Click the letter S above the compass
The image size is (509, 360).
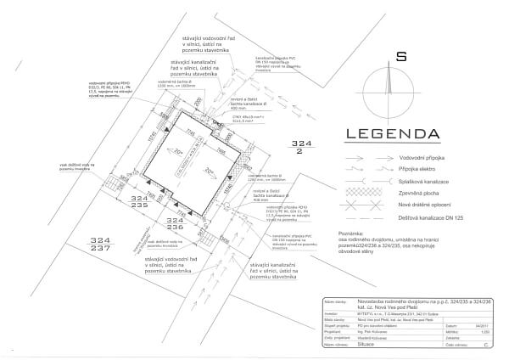(x=389, y=58)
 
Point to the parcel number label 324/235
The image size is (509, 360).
(x=139, y=200)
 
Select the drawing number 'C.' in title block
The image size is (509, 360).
(x=484, y=347)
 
